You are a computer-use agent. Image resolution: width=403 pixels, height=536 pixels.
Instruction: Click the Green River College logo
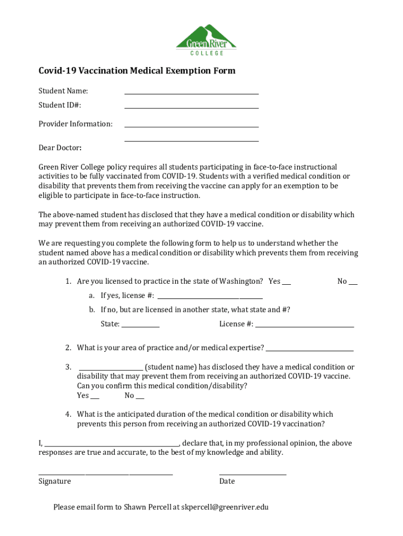click(x=206, y=40)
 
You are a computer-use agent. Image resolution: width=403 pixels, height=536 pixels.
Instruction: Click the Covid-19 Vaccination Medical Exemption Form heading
click(x=137, y=71)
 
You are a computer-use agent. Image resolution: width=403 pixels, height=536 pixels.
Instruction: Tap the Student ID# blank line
click(x=191, y=106)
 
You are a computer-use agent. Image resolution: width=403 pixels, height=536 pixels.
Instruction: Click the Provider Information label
click(x=75, y=124)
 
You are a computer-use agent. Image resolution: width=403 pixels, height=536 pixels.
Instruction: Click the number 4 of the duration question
click(x=68, y=414)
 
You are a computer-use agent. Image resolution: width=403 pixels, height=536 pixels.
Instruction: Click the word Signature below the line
click(x=54, y=481)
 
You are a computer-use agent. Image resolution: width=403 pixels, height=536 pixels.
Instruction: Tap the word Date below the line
click(x=227, y=481)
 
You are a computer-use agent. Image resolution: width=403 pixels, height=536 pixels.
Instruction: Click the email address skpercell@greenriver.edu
click(x=225, y=507)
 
